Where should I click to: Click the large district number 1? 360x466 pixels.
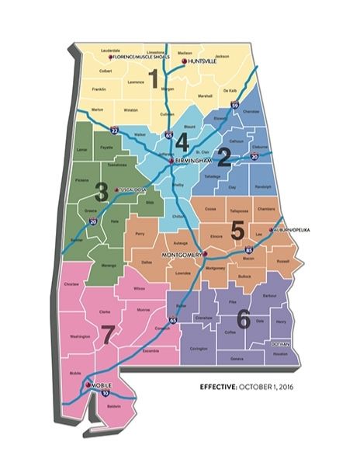tap(154, 78)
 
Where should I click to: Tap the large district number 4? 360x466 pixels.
tap(182, 142)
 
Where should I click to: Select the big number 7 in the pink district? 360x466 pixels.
tap(108, 335)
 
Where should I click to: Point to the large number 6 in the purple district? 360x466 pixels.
tap(243, 318)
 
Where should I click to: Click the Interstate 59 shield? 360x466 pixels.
tap(235, 105)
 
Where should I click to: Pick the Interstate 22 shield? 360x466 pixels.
tap(114, 131)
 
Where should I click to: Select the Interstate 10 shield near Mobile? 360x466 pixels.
tap(105, 394)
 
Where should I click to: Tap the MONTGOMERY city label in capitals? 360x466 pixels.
tap(181, 254)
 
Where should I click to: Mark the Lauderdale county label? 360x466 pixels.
tap(111, 50)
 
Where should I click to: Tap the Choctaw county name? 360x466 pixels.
tap(72, 284)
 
